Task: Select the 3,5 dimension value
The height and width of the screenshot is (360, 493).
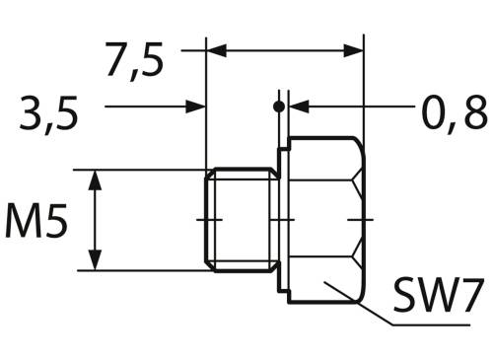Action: (48, 115)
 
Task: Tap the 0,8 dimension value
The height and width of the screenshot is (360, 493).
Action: (455, 115)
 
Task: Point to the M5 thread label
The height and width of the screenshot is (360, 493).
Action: (36, 222)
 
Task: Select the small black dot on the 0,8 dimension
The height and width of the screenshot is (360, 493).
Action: (280, 106)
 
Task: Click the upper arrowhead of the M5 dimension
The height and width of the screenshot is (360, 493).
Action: (97, 179)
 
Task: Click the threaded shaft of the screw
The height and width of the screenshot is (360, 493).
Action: (240, 219)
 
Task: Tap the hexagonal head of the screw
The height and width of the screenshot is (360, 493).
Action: (325, 218)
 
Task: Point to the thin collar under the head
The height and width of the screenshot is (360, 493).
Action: (283, 219)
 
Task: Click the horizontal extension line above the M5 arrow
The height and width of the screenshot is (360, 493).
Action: (148, 170)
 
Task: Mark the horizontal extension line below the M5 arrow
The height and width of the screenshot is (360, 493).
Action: (148, 270)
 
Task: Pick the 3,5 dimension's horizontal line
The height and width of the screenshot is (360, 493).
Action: (148, 106)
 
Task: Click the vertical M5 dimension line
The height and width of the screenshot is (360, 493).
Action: (97, 219)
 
